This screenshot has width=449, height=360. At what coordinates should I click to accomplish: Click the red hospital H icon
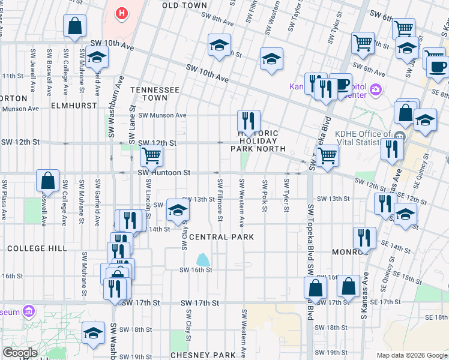click(x=122, y=12)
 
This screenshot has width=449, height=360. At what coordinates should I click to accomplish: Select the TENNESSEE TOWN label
click(x=155, y=94)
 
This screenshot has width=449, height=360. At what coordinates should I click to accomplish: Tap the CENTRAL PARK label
click(x=221, y=237)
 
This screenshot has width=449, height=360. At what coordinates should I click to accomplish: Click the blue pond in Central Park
click(x=203, y=260)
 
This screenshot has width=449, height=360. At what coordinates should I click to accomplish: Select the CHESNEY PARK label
click(x=202, y=355)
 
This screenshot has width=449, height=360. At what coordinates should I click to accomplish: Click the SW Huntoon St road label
click(x=164, y=172)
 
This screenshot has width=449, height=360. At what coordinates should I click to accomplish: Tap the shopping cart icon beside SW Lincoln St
click(x=151, y=156)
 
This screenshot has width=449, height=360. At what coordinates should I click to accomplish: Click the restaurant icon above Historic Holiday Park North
click(x=248, y=119)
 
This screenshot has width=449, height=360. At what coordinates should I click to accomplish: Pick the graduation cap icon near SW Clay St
click(x=177, y=209)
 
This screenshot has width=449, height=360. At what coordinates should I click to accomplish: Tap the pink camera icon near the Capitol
click(x=376, y=89)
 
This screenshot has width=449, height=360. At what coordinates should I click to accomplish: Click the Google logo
click(x=19, y=353)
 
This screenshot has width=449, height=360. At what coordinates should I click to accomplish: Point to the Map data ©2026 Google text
click(x=411, y=355)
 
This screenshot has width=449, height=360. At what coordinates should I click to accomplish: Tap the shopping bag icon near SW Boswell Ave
click(x=47, y=179)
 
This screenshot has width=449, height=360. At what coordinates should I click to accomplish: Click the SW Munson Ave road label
click(x=162, y=115)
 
